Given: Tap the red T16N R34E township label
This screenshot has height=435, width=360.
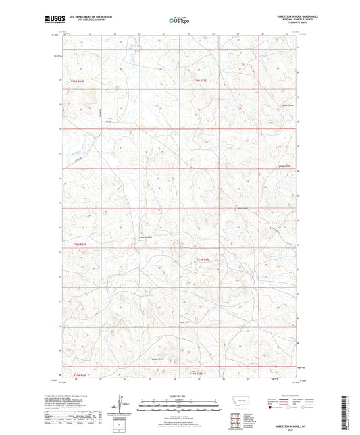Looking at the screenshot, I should tap(80, 81).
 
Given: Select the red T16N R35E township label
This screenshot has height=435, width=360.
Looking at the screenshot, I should tap(201, 81).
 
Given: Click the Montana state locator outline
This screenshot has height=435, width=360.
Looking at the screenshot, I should tap(237, 401).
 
